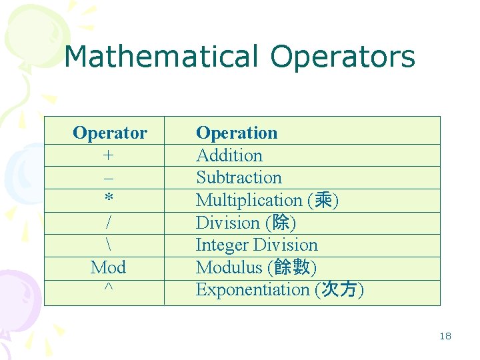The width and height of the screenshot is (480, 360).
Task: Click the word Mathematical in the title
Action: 160,57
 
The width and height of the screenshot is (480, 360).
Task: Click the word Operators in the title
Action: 343,57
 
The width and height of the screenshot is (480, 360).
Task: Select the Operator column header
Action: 109,133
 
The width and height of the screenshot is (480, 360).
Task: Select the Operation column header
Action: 237,133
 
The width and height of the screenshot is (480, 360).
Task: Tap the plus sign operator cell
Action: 108,155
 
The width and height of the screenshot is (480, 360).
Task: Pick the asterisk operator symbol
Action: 108,199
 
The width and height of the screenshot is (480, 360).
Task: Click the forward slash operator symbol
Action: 108,223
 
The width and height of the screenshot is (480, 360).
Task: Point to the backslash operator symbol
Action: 108,245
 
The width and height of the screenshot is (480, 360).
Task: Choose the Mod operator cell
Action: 108,267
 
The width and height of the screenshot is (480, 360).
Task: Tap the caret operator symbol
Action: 108,288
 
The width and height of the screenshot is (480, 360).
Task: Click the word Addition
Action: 229,155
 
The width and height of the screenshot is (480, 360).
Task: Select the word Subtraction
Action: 239,177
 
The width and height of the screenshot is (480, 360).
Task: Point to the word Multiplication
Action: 249,200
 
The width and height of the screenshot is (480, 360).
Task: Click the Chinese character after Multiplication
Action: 323,200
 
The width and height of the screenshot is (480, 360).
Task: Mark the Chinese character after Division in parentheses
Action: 281,223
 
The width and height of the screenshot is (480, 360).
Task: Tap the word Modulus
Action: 229,267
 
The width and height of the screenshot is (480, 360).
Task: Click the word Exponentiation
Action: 252,289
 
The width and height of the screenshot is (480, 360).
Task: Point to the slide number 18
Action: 445,336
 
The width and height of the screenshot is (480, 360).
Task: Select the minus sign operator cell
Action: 108,178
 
